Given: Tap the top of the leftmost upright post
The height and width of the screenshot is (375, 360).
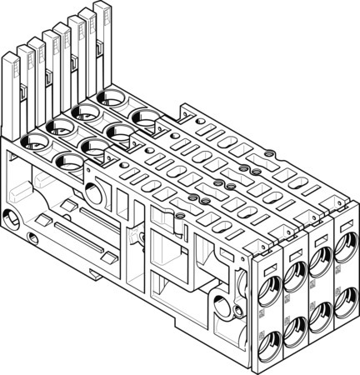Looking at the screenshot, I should (x=10, y=55).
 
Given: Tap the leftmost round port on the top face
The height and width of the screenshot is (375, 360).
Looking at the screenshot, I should (x=32, y=142).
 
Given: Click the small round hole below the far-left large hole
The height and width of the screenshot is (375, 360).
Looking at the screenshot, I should (x=31, y=242).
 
